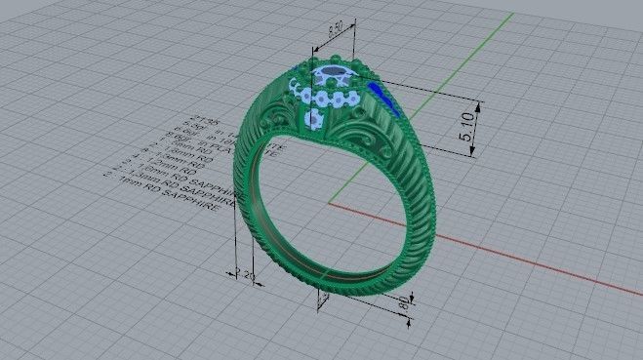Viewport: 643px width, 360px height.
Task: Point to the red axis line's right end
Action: click(634, 294)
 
